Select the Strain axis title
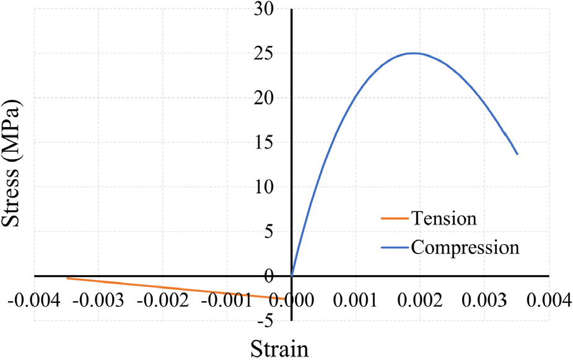point(279,348)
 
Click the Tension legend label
point(444,219)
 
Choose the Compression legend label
point(465,247)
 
